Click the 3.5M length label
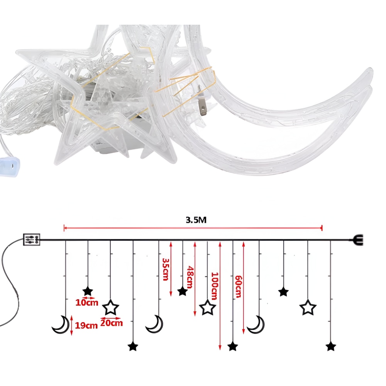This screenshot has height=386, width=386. [196, 220]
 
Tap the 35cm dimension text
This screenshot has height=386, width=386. [166, 269]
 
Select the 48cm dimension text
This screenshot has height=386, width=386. [190, 277]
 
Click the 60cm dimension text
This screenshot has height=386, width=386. [238, 286]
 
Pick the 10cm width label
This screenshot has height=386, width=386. [86, 303]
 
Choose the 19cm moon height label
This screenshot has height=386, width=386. [86, 325]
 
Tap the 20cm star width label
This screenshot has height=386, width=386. [112, 323]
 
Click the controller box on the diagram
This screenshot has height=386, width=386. [32, 239]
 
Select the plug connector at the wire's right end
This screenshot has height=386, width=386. [357, 240]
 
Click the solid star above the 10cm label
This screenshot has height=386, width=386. [88, 291]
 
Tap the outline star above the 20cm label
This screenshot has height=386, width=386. [110, 307]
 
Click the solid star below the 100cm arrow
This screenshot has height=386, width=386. [233, 347]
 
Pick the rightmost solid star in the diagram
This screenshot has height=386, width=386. [331, 347]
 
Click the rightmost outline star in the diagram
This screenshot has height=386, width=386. [308, 307]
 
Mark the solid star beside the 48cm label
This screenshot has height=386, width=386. [183, 291]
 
